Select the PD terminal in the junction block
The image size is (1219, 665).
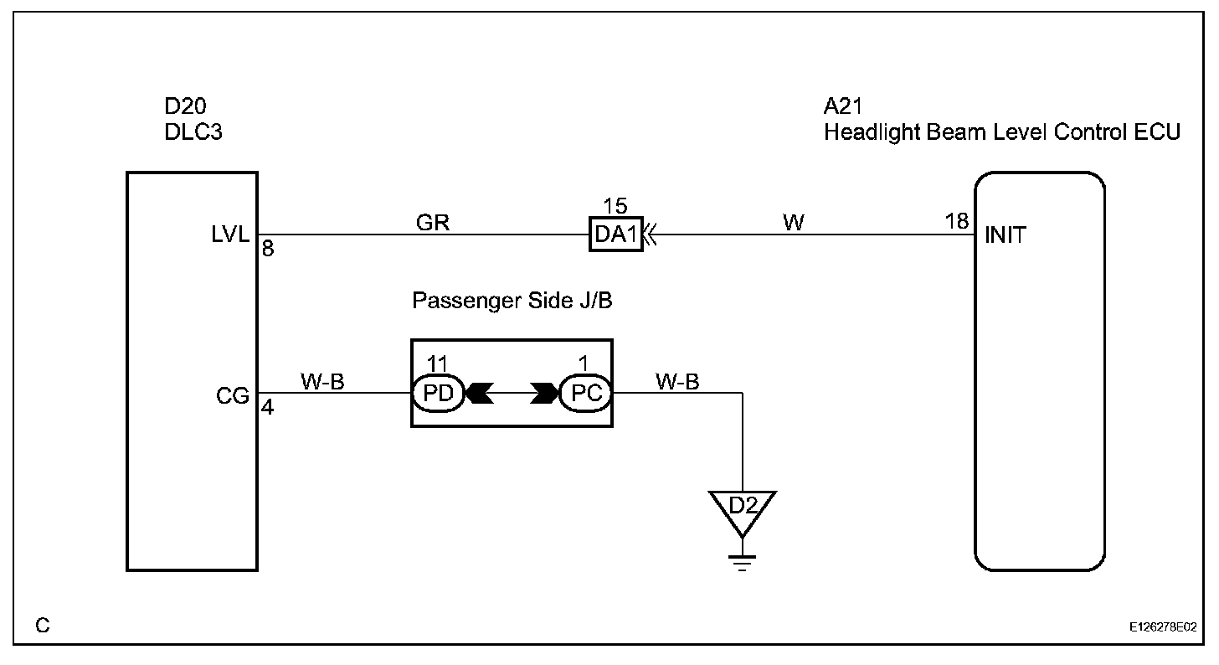[x=437, y=393]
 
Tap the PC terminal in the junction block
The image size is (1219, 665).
[x=586, y=393]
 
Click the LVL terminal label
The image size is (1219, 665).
[x=231, y=235]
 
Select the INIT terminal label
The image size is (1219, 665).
[x=1006, y=235]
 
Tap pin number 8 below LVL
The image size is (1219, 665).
[x=267, y=249]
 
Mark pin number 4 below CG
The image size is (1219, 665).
[x=267, y=410]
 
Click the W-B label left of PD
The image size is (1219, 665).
[x=322, y=382]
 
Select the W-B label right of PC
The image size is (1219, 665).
[x=678, y=382]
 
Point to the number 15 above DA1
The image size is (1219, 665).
[x=615, y=206]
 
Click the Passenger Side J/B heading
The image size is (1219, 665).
[x=512, y=301]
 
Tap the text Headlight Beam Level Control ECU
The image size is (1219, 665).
[x=1002, y=132]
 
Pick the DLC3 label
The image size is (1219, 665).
[x=194, y=132]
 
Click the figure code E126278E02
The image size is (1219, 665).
[x=1162, y=626]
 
